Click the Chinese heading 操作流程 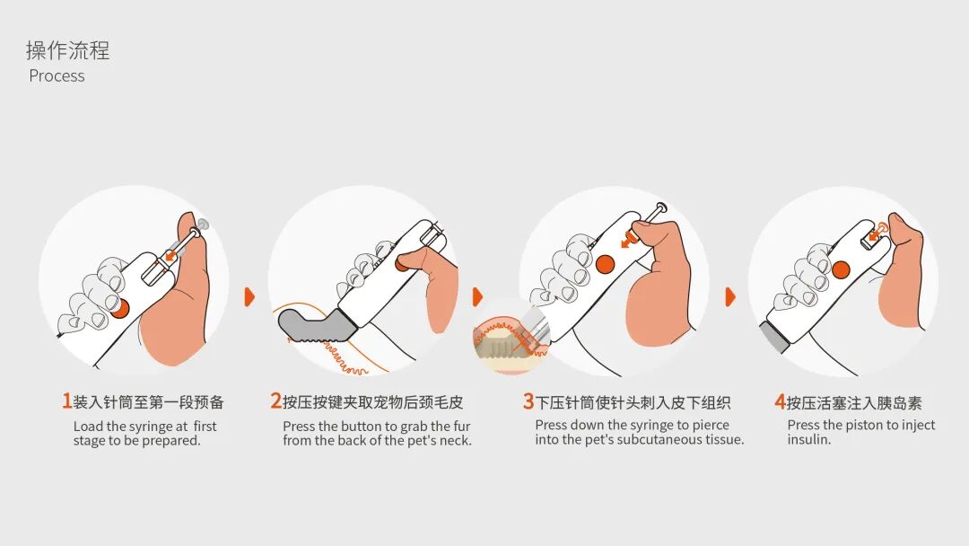(x=68, y=50)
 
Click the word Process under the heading (x=57, y=76)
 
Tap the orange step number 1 (x=66, y=401)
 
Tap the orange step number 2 (x=275, y=401)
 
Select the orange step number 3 (x=528, y=401)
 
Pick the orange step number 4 (x=780, y=401)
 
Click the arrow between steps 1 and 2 (x=249, y=296)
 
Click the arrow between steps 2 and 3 (x=477, y=296)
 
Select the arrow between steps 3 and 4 (x=730, y=296)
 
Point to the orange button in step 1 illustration (x=119, y=307)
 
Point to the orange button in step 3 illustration (x=605, y=264)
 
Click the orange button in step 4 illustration (x=841, y=269)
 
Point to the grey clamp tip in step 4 (x=774, y=334)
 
